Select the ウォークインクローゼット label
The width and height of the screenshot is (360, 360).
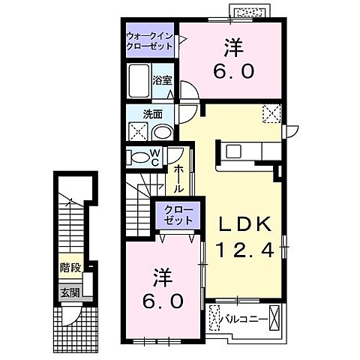click(149, 39)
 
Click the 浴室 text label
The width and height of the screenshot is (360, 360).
click(162, 79)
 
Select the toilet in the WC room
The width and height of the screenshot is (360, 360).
click(139, 157)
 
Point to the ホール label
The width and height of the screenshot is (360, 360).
click(181, 181)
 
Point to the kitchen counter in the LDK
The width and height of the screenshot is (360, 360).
click(247, 151)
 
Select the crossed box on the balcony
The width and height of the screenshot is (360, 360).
click(274, 318)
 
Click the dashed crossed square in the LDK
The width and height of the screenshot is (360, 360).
click(271, 113)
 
